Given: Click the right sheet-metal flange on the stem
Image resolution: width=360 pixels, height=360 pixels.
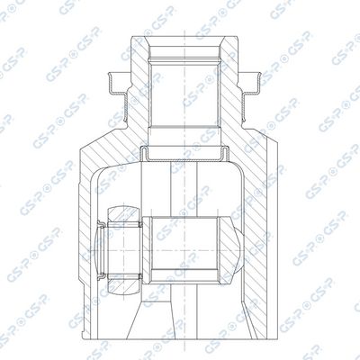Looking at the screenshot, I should click(256, 82).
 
